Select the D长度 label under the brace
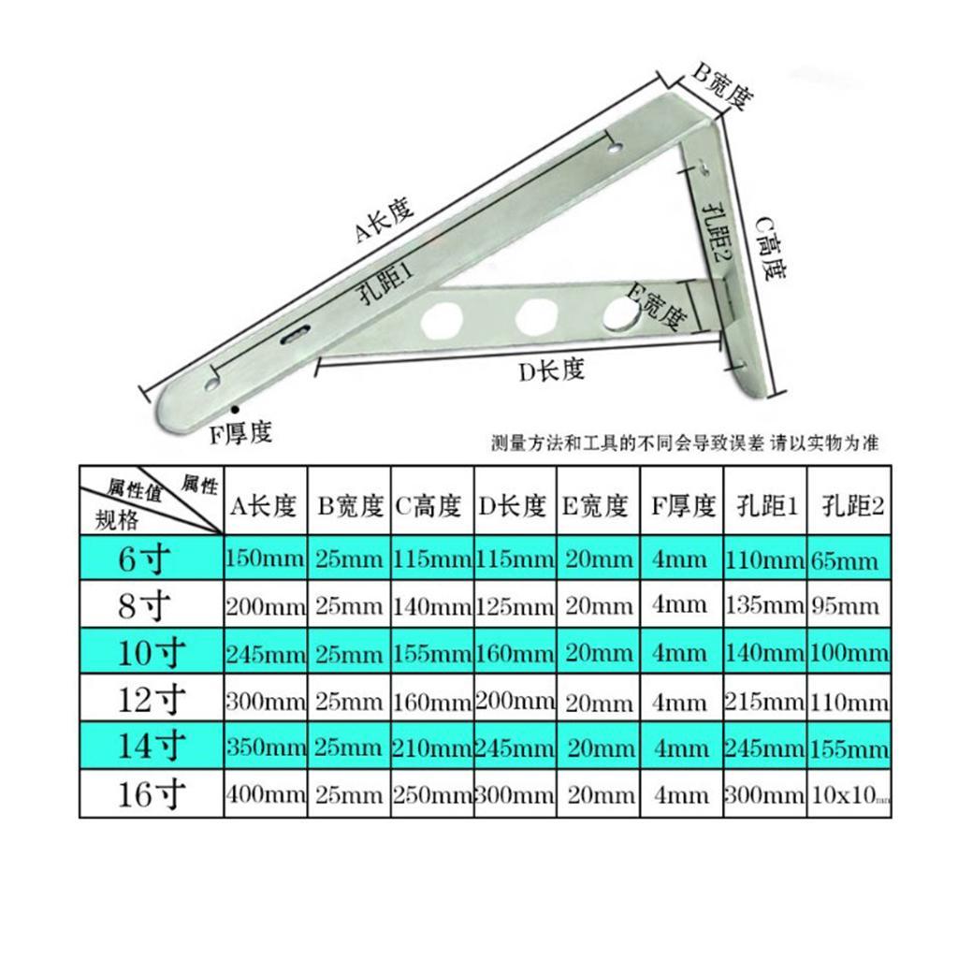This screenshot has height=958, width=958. (x=551, y=370)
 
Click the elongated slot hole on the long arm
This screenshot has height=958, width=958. (x=297, y=335)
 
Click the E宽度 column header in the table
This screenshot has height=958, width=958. (x=596, y=506)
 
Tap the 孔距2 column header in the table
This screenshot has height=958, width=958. (x=848, y=506)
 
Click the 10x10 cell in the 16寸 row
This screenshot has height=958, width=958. (x=848, y=795)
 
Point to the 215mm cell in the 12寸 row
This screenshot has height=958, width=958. (x=763, y=701)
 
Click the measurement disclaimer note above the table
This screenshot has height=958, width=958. (x=684, y=443)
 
